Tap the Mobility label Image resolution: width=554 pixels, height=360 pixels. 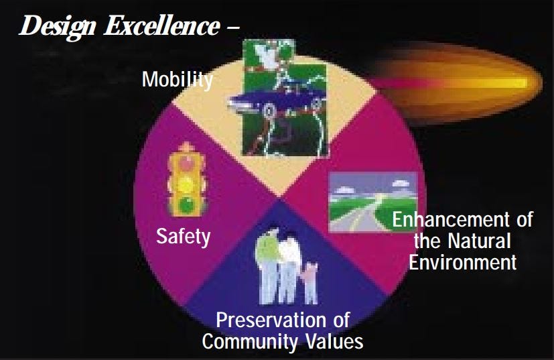(177, 80)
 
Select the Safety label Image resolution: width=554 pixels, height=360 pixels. (183, 236)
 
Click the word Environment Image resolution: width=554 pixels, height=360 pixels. (463, 261)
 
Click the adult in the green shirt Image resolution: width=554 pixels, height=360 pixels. (265, 255)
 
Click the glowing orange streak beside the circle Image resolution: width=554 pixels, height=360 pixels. (462, 82)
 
